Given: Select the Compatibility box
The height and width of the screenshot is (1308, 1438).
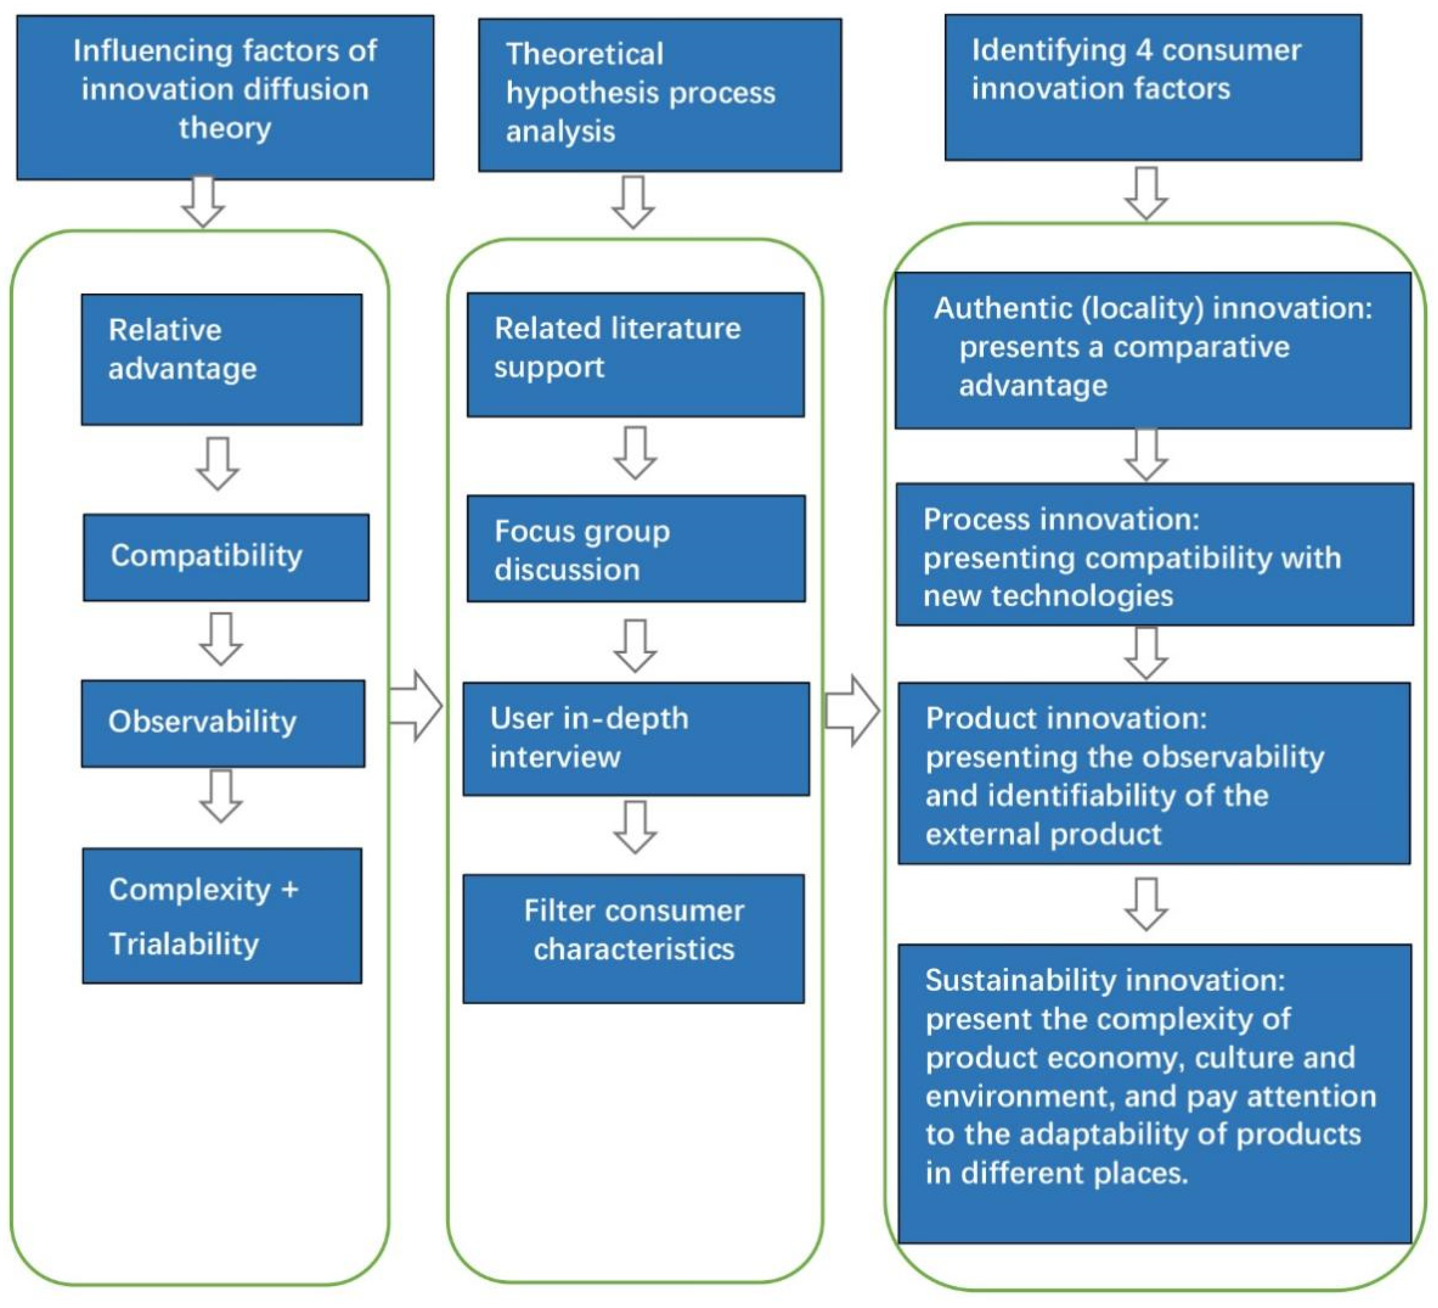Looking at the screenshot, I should (226, 557).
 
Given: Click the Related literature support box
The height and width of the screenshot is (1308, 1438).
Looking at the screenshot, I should (635, 355).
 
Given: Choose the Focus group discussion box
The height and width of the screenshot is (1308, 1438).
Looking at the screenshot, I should (635, 549).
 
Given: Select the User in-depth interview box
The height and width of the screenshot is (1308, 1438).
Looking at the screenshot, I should (635, 739).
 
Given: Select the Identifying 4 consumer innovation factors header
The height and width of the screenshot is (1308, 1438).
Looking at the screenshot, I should (1152, 87).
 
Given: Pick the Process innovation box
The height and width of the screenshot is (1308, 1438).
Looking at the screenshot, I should (1154, 554).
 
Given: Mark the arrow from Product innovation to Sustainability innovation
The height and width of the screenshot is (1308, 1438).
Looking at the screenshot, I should (1145, 904).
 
